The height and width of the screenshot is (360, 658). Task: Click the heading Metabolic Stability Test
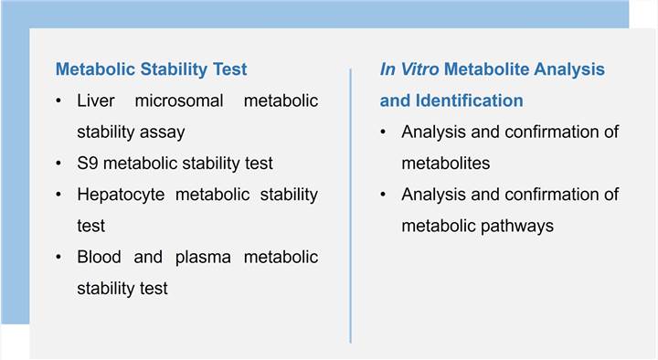click(151, 69)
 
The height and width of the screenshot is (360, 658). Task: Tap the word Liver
click(96, 101)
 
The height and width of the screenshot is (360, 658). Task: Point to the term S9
click(89, 163)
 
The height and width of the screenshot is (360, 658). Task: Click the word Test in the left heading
click(229, 69)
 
